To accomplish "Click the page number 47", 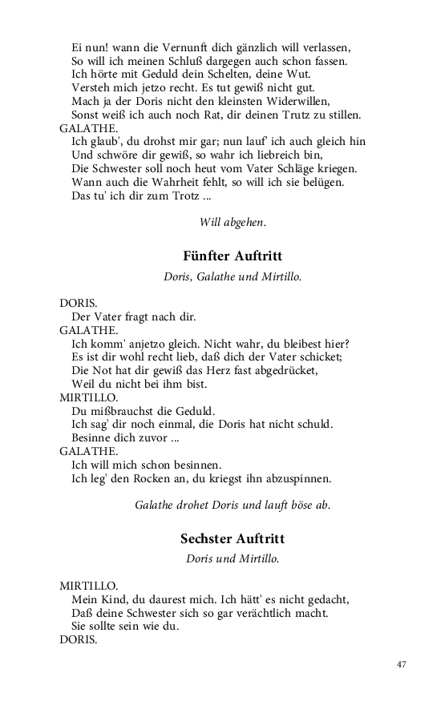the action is click(402, 664).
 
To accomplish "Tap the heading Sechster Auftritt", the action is click(232, 538).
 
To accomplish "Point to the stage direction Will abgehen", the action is click(232, 221).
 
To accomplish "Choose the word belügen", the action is click(324, 183).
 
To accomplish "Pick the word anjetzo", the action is click(152, 343).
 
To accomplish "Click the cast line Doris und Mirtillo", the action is click(232, 559).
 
